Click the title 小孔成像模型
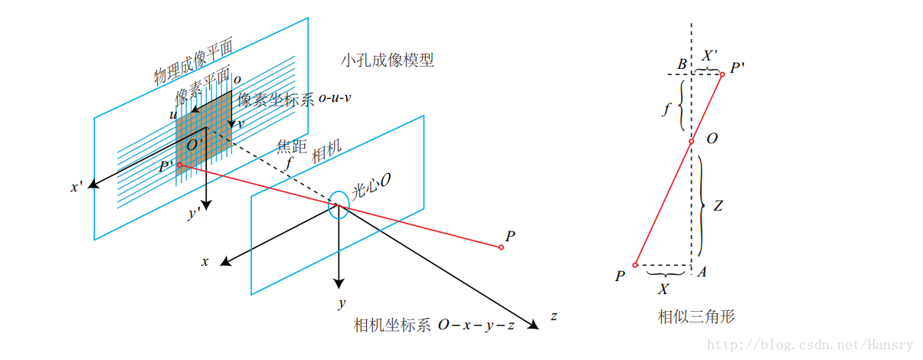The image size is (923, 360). [388, 60]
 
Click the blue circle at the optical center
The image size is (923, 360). [338, 207]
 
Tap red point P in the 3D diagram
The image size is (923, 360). [501, 247]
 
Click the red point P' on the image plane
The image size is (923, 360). [179, 165]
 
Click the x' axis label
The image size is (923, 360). [77, 186]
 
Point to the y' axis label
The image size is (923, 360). [195, 214]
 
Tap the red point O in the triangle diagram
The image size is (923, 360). [690, 141]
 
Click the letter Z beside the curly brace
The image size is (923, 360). [718, 205]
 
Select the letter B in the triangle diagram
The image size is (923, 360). [681, 64]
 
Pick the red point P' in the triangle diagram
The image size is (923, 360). [722, 74]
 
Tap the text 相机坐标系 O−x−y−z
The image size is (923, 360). [434, 324]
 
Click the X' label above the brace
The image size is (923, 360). [709, 55]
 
